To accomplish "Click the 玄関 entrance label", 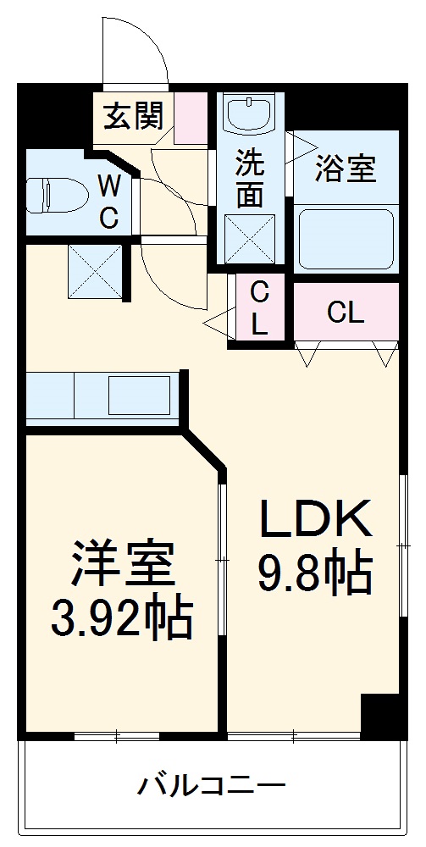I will [133, 116].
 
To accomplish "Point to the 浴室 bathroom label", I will [345, 169].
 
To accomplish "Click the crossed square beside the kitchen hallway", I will [95, 270].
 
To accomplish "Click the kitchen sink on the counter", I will [137, 395].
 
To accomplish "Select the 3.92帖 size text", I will [122, 620].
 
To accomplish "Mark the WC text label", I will [108, 201].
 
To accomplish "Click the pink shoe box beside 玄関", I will [191, 116].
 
